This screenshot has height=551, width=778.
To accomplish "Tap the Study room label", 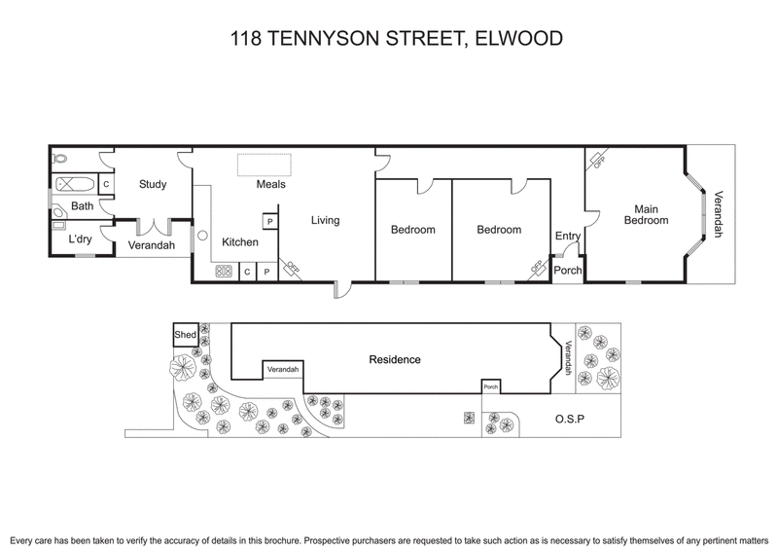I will pyautogui.click(x=153, y=184).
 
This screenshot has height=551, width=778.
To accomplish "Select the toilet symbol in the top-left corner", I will pyautogui.click(x=60, y=158).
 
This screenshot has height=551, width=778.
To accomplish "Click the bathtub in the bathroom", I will pyautogui.click(x=75, y=184).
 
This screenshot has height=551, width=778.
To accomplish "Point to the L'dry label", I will pyautogui.click(x=80, y=239).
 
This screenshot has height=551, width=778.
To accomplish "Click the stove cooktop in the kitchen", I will pyautogui.click(x=223, y=272).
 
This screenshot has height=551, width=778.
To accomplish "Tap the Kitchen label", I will pyautogui.click(x=240, y=242).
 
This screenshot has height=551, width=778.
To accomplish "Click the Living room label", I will pyautogui.click(x=325, y=220).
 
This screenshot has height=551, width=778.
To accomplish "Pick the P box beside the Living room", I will pyautogui.click(x=269, y=222).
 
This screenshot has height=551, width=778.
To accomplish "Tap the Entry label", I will pyautogui.click(x=567, y=236).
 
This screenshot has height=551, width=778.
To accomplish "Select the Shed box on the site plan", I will pyautogui.click(x=185, y=335).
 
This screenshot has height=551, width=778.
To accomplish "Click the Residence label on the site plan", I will pyautogui.click(x=395, y=359).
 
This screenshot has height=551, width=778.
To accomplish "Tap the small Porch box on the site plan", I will pyautogui.click(x=491, y=387).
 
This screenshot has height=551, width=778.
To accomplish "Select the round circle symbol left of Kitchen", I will pyautogui.click(x=203, y=236).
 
